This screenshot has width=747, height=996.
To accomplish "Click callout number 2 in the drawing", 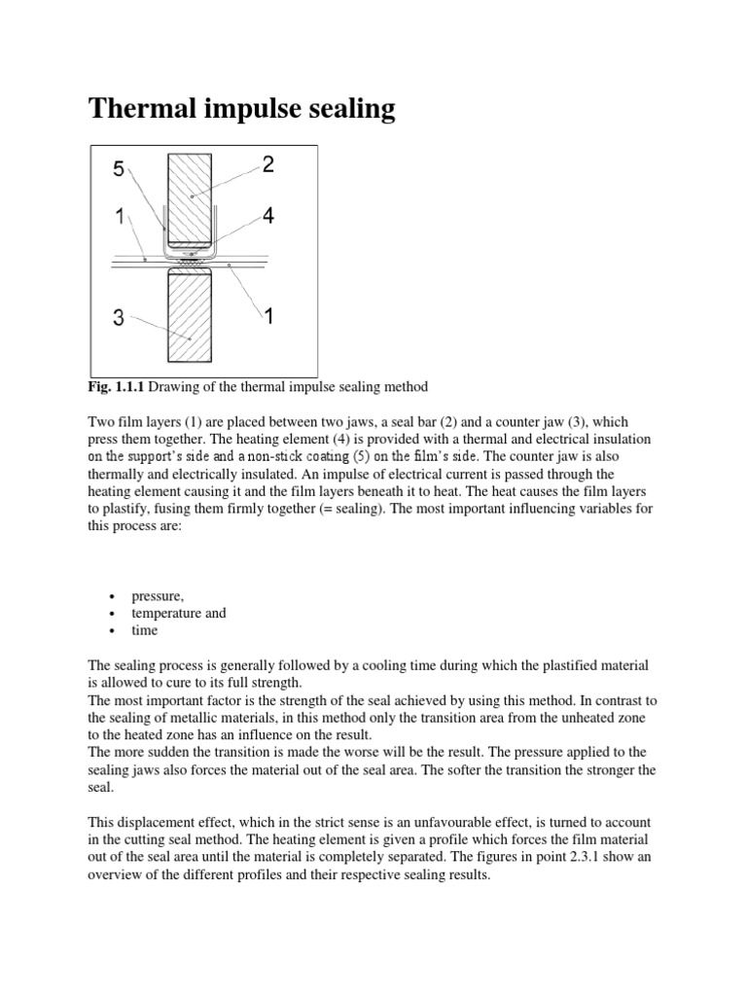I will point(268,165).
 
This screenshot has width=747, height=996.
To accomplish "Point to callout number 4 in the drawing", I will point(268,216).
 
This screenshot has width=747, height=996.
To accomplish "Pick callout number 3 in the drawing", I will point(118,317).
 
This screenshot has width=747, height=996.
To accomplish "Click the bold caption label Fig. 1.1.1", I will point(120,388).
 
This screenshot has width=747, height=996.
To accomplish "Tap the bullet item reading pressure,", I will point(161,596).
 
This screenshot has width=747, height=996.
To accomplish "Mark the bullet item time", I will point(146,630).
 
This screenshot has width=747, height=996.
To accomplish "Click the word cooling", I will point(362,665).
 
